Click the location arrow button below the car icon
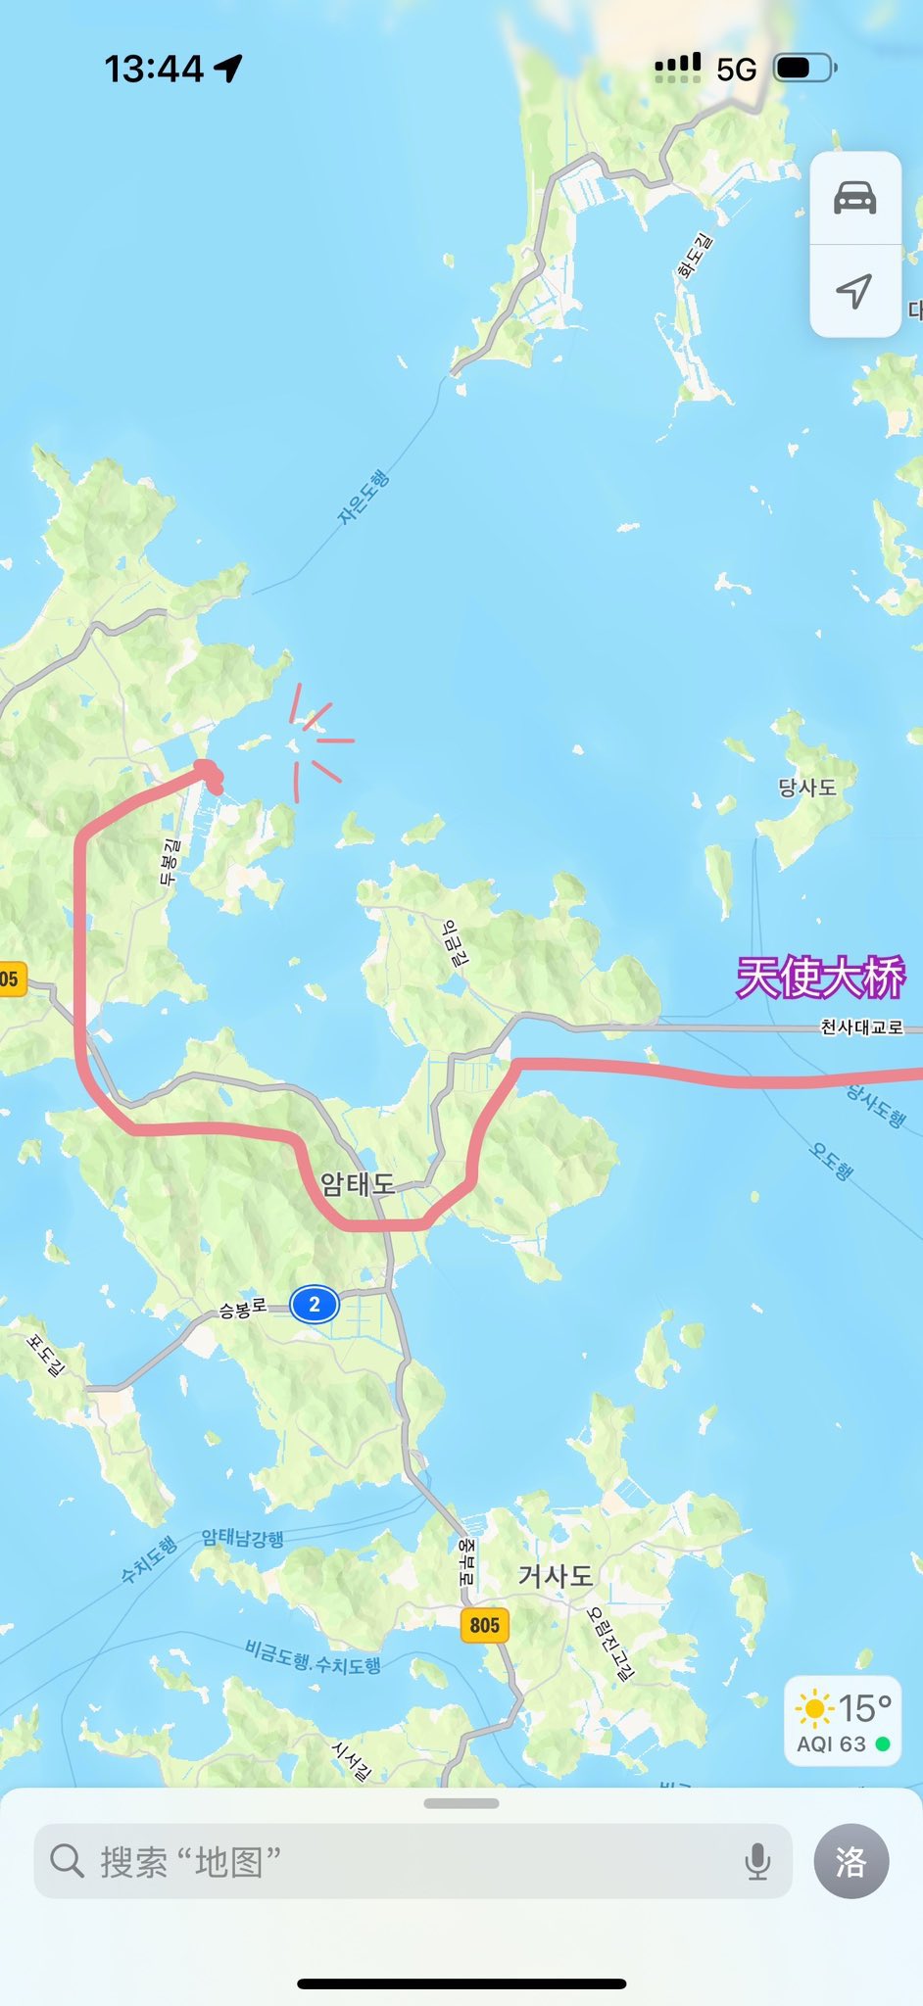(x=854, y=290)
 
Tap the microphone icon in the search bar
(x=757, y=1861)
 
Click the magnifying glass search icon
(x=67, y=1860)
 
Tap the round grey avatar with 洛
(x=851, y=1861)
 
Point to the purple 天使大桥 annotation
(x=821, y=978)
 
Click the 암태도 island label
(x=358, y=1184)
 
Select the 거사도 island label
(x=556, y=1575)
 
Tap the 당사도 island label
(x=807, y=788)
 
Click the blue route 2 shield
(x=314, y=1305)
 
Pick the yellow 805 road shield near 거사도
(x=484, y=1625)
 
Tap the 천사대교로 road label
(x=861, y=1027)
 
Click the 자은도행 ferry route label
(x=364, y=497)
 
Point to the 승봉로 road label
(x=242, y=1309)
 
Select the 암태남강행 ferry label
(x=243, y=1538)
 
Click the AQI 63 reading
(x=832, y=1744)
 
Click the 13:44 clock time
(x=154, y=69)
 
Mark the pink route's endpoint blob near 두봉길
(x=210, y=774)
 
